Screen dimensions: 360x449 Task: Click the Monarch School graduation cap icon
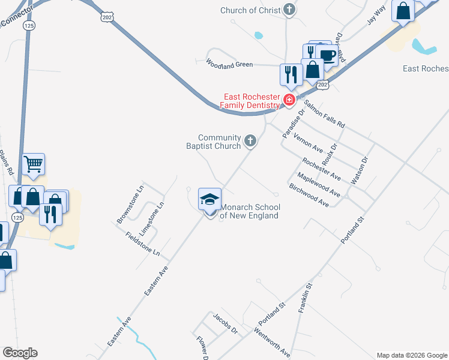pyautogui.click(x=209, y=199)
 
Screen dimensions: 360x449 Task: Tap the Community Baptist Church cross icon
pyautogui.click(x=250, y=142)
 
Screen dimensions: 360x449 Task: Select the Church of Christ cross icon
pyautogui.click(x=289, y=10)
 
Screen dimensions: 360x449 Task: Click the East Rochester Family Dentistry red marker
pyautogui.click(x=289, y=100)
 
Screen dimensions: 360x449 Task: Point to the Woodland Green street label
pyautogui.click(x=230, y=63)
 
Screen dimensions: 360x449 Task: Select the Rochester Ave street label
pyautogui.click(x=321, y=169)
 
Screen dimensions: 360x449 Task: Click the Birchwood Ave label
pyautogui.click(x=309, y=195)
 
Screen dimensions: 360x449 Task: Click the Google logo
pyautogui.click(x=20, y=353)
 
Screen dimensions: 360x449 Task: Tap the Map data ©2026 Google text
pyautogui.click(x=411, y=355)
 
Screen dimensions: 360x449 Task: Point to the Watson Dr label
pyautogui.click(x=364, y=170)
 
